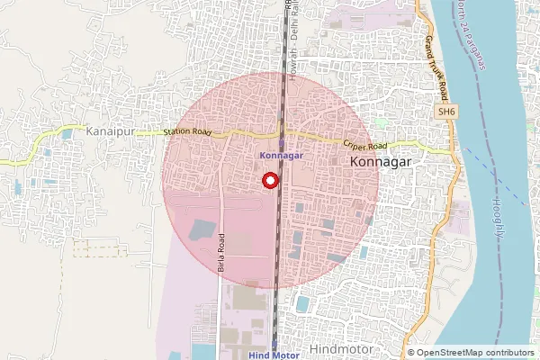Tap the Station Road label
(187, 133)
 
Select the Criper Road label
(365, 144)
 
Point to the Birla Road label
(221, 254)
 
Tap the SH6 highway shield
(444, 111)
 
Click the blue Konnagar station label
(281, 155)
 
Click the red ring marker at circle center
(270, 181)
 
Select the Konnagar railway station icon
(281, 142)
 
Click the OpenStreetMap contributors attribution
(475, 353)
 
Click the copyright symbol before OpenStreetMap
(411, 353)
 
